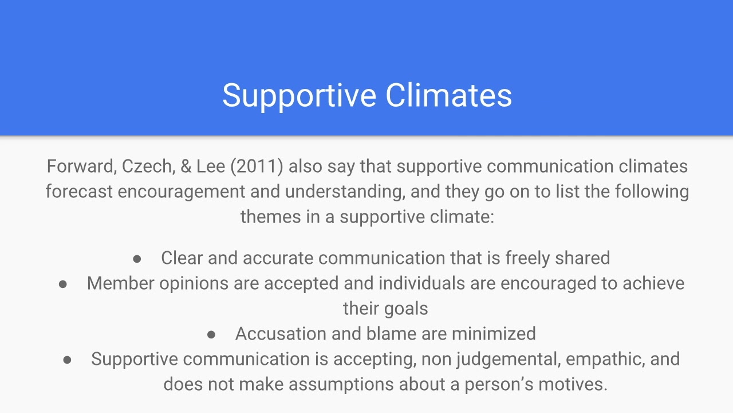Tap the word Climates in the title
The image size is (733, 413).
[x=448, y=96]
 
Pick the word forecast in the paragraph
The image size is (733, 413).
[x=79, y=192]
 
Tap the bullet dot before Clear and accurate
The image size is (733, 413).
[x=137, y=259]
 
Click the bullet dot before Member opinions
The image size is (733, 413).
[x=63, y=284]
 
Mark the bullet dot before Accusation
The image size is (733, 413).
[x=211, y=334]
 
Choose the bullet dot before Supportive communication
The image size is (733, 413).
[x=67, y=360]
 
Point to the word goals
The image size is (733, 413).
[x=407, y=309]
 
